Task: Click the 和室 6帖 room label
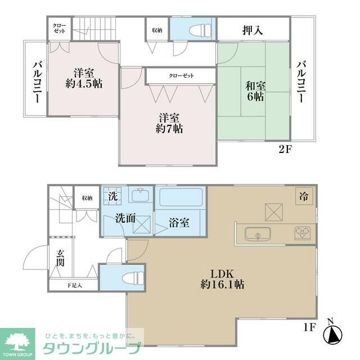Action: click(255, 91)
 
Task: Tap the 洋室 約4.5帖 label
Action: click(83, 78)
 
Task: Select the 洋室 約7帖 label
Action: click(169, 123)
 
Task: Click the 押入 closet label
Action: click(253, 30)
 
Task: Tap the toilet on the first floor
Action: click(130, 278)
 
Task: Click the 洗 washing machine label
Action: click(112, 197)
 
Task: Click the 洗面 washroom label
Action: click(125, 219)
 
